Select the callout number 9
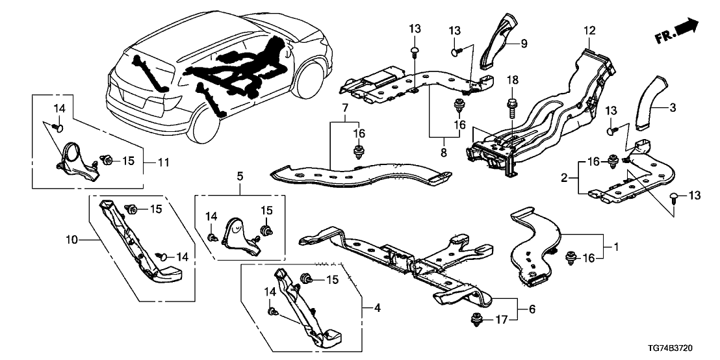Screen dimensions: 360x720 click(523, 44)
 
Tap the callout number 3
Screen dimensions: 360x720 click(673, 106)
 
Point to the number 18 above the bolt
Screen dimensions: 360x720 click(512, 80)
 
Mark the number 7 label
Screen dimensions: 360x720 click(346, 106)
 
